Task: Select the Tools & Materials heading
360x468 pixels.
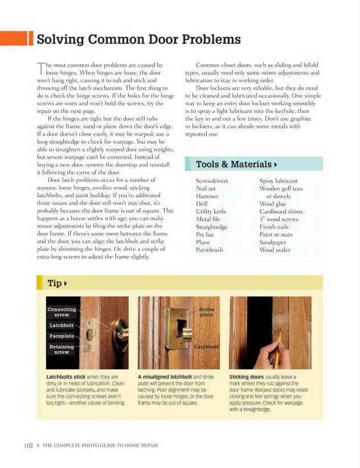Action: click(x=234, y=164)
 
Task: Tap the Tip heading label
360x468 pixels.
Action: click(x=55, y=283)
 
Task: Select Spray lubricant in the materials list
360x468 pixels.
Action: click(x=278, y=181)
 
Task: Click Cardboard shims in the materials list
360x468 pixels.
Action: click(x=281, y=211)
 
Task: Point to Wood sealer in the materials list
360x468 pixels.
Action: click(x=276, y=249)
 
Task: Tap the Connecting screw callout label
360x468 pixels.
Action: click(x=62, y=312)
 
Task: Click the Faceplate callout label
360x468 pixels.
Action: click(x=62, y=336)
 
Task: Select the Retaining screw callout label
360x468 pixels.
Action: click(x=62, y=349)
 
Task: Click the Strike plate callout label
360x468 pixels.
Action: click(x=206, y=312)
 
